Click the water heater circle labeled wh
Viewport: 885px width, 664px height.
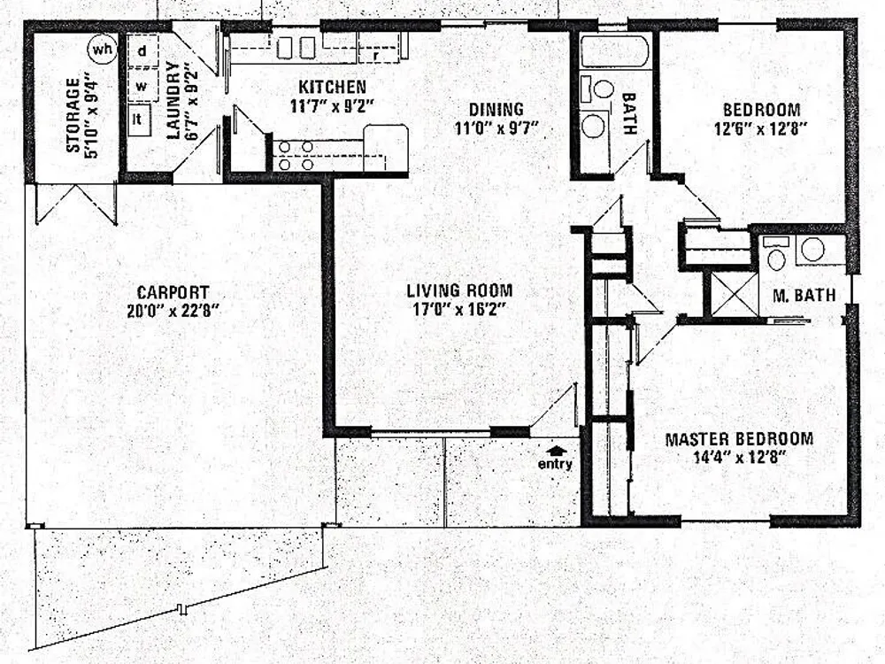pyautogui.click(x=102, y=50)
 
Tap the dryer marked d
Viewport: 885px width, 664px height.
pyautogui.click(x=142, y=50)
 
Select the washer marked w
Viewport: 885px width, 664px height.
pyautogui.click(x=142, y=86)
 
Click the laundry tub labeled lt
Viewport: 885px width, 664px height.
pyautogui.click(x=139, y=120)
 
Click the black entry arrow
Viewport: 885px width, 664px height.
pyautogui.click(x=557, y=450)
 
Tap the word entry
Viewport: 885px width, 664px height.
pyautogui.click(x=555, y=464)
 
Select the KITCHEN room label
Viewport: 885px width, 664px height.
pyautogui.click(x=332, y=87)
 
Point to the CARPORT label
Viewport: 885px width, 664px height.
pyautogui.click(x=173, y=292)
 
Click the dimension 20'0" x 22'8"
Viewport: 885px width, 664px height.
pyautogui.click(x=173, y=311)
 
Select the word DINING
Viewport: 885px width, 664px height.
pyautogui.click(x=496, y=108)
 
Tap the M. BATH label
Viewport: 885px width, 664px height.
pyautogui.click(x=804, y=295)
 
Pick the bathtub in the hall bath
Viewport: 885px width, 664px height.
pyautogui.click(x=615, y=52)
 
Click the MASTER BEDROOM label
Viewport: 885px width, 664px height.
pyautogui.click(x=739, y=439)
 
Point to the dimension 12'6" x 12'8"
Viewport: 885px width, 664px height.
pyautogui.click(x=760, y=128)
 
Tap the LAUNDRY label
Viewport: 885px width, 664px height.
pyautogui.click(x=173, y=100)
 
